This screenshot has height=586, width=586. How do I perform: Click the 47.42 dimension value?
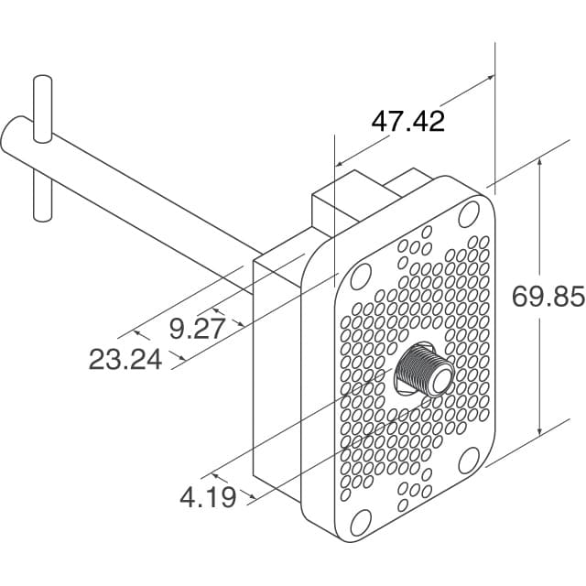407,121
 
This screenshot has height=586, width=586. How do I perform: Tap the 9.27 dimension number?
197,328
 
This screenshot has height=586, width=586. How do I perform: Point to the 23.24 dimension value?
125,360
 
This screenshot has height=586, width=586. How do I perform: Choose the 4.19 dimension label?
208,497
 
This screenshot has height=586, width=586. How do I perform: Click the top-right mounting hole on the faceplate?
469,212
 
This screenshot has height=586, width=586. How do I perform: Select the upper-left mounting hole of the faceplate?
362,275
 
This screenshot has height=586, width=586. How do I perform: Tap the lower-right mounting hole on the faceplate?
468,459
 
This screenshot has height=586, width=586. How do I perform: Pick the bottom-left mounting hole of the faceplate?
360,523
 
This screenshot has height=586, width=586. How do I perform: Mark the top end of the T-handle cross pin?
40,83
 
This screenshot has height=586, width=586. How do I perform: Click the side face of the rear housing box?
275,366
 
